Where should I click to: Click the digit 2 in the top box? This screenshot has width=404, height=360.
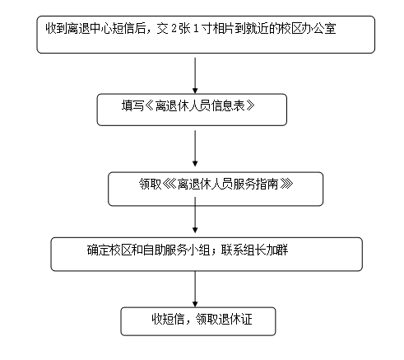coord(174,29)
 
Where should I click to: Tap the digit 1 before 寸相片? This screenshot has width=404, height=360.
coord(196,29)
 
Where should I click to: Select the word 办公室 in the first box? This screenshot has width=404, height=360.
coord(319,29)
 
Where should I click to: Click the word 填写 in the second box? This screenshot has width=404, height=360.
coord(132,105)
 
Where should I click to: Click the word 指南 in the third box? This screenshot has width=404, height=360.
coord(267,184)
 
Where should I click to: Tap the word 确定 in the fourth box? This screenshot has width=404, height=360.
coord(98,250)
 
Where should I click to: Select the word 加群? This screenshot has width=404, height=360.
coord(277,250)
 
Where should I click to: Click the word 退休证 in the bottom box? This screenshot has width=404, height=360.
coord(235,319)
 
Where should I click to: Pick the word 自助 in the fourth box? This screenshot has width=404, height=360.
coord(154,250)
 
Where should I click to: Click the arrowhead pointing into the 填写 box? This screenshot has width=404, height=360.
coord(195,91)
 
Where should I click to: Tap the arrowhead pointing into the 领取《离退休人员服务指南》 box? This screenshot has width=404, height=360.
coord(195,163)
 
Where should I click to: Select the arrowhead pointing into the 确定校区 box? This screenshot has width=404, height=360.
coord(195,230)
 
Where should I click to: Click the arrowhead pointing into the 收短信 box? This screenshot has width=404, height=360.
coord(195,304)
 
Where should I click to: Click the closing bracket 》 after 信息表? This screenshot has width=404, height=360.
coord(250,105)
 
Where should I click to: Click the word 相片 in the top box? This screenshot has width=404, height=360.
coord(224,29)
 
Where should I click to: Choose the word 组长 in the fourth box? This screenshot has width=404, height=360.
coord(255,250)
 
